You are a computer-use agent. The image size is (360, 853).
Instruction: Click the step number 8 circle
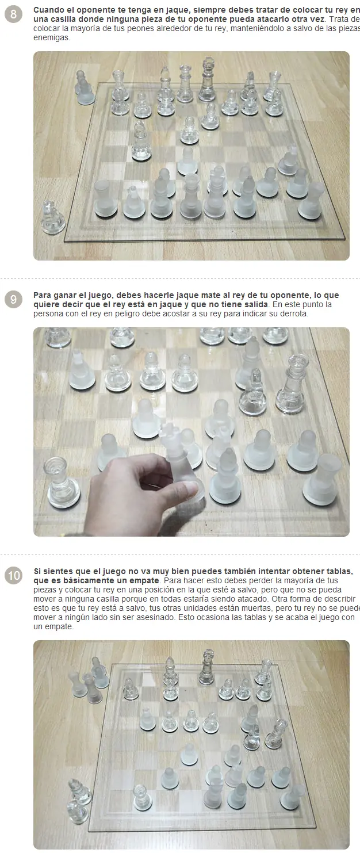tap(13, 14)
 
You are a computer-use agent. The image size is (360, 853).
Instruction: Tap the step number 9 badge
tap(13, 299)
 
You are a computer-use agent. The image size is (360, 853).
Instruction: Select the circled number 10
tap(13, 575)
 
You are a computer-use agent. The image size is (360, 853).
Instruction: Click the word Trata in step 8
tap(339, 20)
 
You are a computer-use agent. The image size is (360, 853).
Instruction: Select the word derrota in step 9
tap(294, 314)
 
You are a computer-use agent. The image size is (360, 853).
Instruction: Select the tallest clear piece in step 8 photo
tap(208, 79)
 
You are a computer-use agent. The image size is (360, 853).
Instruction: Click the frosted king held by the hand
tap(179, 457)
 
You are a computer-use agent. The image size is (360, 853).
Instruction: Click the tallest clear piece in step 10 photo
tap(206, 668)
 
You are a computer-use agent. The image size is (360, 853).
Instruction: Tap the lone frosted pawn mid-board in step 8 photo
tap(187, 160)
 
